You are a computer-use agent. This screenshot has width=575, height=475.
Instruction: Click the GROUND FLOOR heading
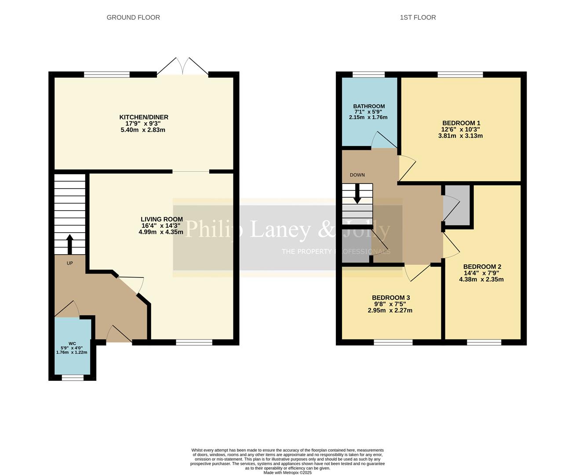pyautogui.click(x=133, y=17)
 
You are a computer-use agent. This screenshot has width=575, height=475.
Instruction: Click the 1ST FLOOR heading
pyautogui.click(x=418, y=17)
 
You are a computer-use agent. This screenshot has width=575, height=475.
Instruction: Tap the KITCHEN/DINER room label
pyautogui.click(x=144, y=117)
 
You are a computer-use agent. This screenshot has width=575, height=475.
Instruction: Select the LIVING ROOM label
pyautogui.click(x=162, y=219)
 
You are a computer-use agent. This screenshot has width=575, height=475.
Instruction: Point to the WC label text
pyautogui.click(x=72, y=343)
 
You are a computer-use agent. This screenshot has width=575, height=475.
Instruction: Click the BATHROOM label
pyautogui.click(x=369, y=106)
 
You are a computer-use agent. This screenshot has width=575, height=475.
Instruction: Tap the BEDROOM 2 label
pyautogui.click(x=482, y=267)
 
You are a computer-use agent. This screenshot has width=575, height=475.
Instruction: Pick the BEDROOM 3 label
pyautogui.click(x=391, y=298)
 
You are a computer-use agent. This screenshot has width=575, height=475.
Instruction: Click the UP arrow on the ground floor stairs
pyautogui.click(x=69, y=245)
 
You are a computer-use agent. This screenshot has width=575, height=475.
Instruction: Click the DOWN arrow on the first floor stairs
pyautogui.click(x=357, y=194)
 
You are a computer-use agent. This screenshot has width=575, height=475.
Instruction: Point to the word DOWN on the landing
pyautogui.click(x=357, y=175)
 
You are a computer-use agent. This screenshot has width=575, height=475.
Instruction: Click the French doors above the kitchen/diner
pyautogui.click(x=182, y=66)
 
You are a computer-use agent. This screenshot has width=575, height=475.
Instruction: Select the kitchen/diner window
pyautogui.click(x=106, y=74)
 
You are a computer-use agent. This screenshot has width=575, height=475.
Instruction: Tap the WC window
pyautogui.click(x=73, y=377)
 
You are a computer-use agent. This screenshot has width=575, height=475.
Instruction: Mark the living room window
pyautogui.click(x=194, y=342)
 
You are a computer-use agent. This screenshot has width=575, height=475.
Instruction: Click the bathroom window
pyautogui.click(x=368, y=74)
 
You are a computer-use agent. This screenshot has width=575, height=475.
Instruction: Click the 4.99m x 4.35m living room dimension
pyautogui.click(x=161, y=232)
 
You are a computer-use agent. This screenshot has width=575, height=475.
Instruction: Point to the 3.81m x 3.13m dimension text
pyautogui.click(x=460, y=136)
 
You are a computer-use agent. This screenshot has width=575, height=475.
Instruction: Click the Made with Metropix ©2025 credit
pyautogui.click(x=287, y=472)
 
